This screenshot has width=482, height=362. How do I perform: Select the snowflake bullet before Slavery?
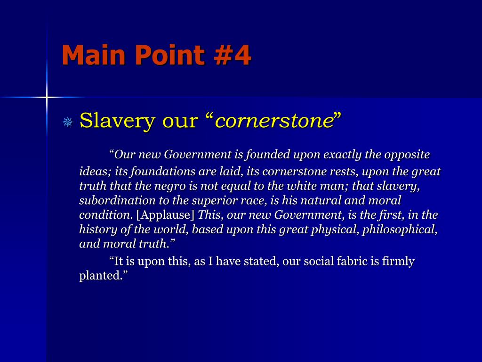(68, 123)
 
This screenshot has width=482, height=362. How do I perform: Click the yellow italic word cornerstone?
(274, 121)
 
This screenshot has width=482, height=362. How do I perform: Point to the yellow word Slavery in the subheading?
(118, 121)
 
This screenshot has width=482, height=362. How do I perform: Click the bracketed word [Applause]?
(165, 215)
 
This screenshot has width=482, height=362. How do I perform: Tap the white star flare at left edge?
(47, 97)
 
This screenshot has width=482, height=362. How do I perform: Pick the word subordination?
(110, 200)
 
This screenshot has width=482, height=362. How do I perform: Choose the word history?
(96, 230)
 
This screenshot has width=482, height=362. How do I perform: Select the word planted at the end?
(100, 276)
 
